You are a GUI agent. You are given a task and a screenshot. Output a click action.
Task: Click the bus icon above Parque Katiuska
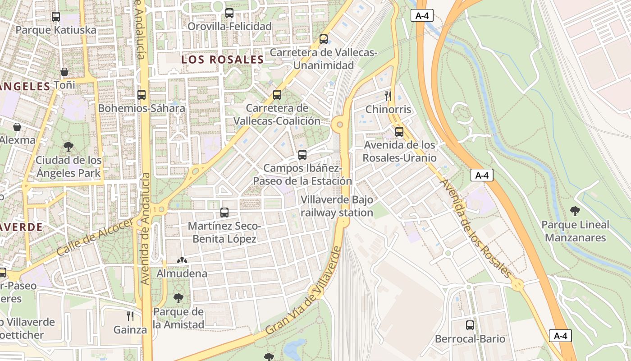pyautogui.click(x=56, y=17)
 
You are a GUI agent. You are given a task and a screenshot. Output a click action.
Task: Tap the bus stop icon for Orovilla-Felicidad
pyautogui.click(x=229, y=13)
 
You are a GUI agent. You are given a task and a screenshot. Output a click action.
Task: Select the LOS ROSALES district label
pyautogui.click(x=222, y=60)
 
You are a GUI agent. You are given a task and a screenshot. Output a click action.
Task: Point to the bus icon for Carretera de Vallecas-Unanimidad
pyautogui.click(x=324, y=39)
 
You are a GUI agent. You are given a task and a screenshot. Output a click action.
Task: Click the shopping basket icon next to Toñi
pyautogui.click(x=64, y=72)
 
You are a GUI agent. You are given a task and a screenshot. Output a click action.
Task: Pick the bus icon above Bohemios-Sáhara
pyautogui.click(x=142, y=95)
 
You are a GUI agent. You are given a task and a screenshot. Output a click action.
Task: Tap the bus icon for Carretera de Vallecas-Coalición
pyautogui.click(x=277, y=95)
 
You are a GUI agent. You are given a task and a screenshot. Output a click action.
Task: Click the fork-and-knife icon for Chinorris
pyautogui.click(x=388, y=96)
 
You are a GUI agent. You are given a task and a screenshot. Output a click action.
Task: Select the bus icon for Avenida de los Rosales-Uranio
pyautogui.click(x=399, y=132)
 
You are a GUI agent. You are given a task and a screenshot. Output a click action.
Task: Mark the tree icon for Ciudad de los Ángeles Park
pyautogui.click(x=69, y=146)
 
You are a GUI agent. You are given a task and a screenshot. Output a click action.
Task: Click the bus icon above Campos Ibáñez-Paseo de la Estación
pyautogui.click(x=302, y=155)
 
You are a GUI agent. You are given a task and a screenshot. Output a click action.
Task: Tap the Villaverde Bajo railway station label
pyautogui.click(x=337, y=206)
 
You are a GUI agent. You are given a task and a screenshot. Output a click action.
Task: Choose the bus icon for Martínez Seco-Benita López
pyautogui.click(x=224, y=212)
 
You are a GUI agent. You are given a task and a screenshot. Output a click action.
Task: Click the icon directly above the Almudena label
pyautogui.click(x=182, y=260)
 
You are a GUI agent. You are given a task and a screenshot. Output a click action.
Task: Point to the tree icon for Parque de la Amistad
pyautogui.click(x=178, y=298)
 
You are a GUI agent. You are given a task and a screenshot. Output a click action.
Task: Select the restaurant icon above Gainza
pyautogui.click(x=130, y=316)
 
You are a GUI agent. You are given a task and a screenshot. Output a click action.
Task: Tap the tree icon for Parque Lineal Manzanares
pyautogui.click(x=575, y=211)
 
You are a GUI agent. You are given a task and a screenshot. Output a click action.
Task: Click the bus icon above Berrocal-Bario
pyautogui.click(x=470, y=325)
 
